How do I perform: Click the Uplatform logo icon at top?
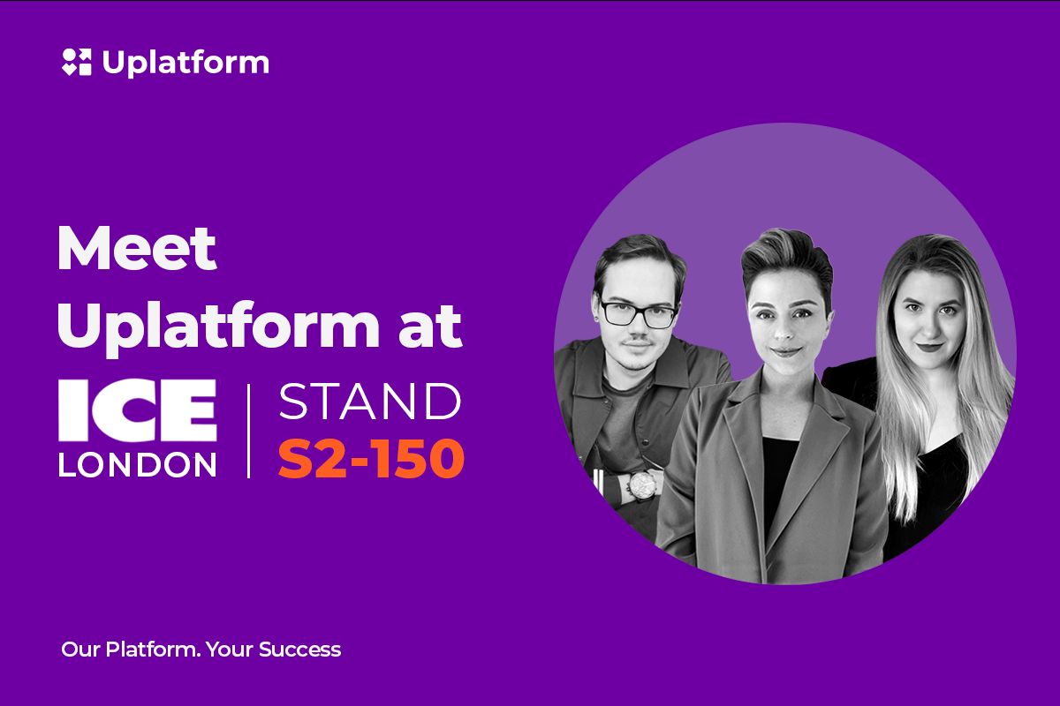pos(77,62)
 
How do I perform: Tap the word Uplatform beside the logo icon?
pos(186,63)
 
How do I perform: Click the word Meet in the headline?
pos(137,248)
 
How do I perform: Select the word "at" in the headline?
pos(430,326)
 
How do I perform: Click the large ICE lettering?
pos(138,410)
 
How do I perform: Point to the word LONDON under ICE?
pos(138,465)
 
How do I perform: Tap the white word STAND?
pos(370,402)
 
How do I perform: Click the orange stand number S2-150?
pos(372,458)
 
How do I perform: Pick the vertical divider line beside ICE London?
pos(249,432)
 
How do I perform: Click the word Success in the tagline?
pos(300,650)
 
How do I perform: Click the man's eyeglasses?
pos(638,313)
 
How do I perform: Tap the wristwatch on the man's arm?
pos(641,485)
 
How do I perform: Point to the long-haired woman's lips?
pos(929,348)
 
